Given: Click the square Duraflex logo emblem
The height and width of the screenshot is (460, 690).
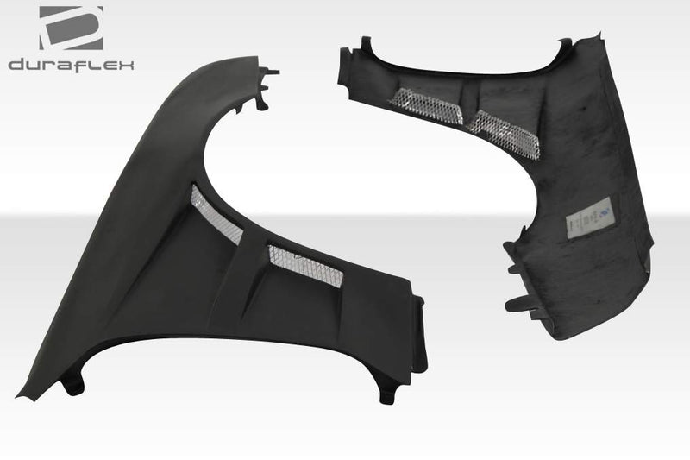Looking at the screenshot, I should [x=72, y=28].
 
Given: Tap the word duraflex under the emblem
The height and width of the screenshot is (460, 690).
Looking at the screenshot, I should [x=72, y=65].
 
